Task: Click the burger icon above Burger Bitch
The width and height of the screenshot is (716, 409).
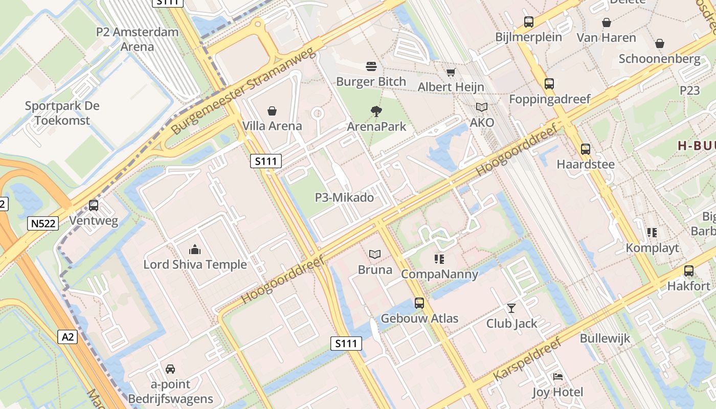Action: [371, 66]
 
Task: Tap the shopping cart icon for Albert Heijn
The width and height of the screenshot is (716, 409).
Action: [451, 73]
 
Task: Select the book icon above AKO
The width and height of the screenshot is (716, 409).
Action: [482, 107]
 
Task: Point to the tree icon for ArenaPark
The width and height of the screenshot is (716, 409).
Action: [376, 111]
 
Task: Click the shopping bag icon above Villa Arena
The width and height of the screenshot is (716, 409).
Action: [272, 111]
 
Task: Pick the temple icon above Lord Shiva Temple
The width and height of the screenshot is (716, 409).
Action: [195, 249]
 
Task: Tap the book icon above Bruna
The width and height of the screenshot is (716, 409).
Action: [375, 254]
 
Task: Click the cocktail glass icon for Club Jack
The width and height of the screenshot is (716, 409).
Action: [511, 308]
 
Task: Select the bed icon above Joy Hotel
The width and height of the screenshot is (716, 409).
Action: [557, 377]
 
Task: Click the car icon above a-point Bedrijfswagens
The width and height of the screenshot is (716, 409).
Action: [170, 369]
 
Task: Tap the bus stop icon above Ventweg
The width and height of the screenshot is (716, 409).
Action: [94, 206]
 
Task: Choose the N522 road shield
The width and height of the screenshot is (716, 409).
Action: [43, 223]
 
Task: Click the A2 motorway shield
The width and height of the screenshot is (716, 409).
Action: [68, 337]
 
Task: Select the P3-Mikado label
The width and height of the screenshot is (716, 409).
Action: [344, 197]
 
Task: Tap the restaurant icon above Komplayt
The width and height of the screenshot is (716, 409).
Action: [652, 233]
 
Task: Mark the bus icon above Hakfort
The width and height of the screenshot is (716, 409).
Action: [689, 271]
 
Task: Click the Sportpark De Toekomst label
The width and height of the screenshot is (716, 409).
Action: [62, 113]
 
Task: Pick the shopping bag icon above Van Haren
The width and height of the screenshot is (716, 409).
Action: [606, 22]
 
